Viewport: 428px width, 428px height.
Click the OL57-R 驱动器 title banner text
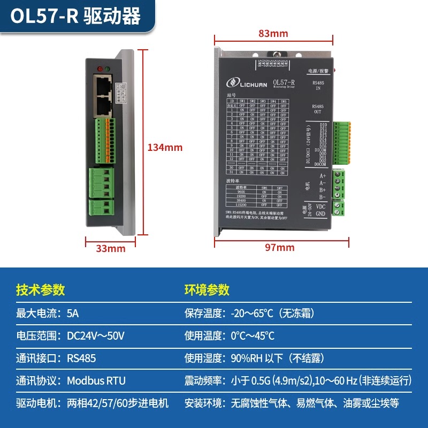[x=75, y=17]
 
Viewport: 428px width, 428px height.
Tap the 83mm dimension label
[x=273, y=34]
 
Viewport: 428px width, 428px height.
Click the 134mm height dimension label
[x=165, y=147]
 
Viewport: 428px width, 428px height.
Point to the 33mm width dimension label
[x=110, y=248]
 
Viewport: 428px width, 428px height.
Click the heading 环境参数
[x=207, y=289]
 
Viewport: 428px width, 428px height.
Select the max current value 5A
[x=73, y=313]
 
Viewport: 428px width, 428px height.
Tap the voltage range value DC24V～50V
[x=96, y=336]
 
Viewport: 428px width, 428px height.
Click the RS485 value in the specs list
[x=81, y=358]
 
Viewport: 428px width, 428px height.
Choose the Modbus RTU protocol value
[x=96, y=381]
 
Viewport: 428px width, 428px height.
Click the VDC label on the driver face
[x=320, y=206]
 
